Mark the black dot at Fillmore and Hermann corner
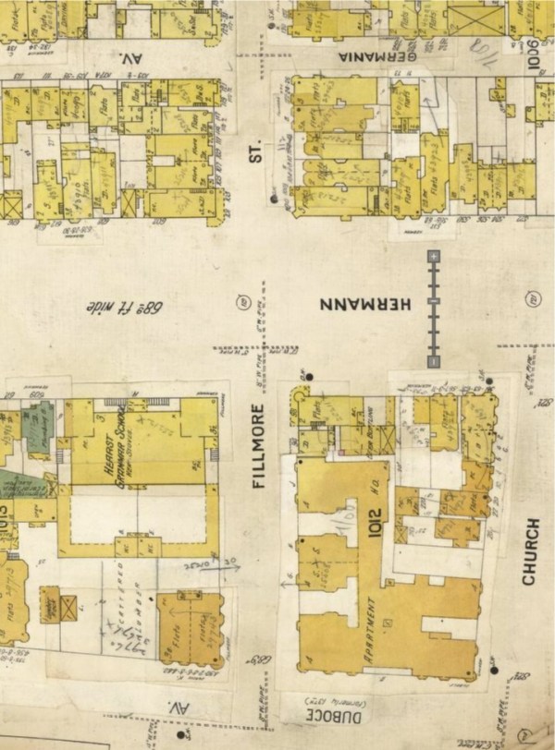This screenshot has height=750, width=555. [307, 375]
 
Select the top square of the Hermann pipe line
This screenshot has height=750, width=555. [433, 254]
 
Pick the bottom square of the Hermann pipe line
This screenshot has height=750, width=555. [433, 360]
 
